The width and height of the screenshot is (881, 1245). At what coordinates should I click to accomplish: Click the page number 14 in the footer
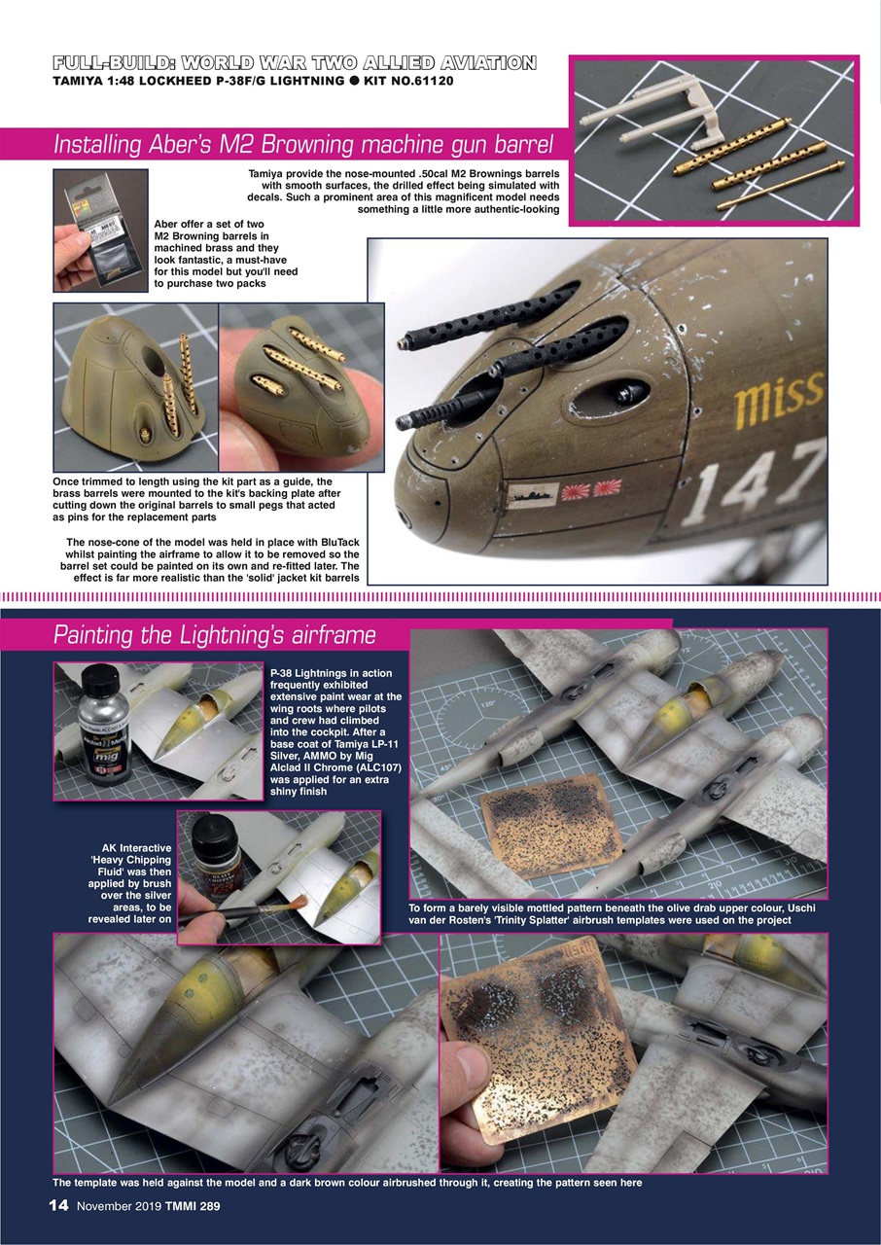(x=58, y=1205)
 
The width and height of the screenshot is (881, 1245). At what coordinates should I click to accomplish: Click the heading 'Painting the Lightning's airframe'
(x=214, y=635)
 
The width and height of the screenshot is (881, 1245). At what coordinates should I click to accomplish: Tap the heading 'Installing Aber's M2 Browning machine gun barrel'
(x=302, y=145)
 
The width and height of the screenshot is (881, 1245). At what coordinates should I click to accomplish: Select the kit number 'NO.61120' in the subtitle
(x=422, y=81)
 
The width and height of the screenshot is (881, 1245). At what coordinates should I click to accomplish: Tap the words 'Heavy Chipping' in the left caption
(x=132, y=860)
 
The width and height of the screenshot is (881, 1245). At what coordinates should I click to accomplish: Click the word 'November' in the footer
(x=111, y=1206)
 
